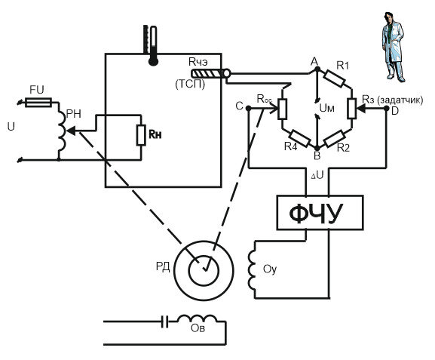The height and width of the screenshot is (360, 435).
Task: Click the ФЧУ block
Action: point(320,213)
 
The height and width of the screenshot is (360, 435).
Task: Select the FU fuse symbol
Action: point(38,102)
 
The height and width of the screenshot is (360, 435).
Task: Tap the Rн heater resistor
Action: point(141,135)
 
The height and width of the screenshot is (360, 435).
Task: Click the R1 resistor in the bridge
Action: point(335,79)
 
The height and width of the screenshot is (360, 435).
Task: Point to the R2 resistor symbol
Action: point(335,138)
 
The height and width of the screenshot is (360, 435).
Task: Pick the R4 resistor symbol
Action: point(299,138)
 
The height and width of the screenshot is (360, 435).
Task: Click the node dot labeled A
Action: point(317,69)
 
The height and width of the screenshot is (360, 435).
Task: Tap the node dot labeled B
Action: point(317,147)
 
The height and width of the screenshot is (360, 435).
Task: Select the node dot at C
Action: point(249,108)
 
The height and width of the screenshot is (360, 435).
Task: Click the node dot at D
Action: point(386,109)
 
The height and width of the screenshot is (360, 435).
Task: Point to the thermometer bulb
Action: point(153,61)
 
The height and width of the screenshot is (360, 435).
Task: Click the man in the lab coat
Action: point(393,48)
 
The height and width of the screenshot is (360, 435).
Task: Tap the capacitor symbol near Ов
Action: point(165,322)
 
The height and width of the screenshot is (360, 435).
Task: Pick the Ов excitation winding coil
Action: point(197,318)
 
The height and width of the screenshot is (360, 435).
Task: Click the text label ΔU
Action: point(317,175)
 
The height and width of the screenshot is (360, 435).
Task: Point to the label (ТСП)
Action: point(190,84)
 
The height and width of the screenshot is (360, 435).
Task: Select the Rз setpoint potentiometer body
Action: point(352,109)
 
